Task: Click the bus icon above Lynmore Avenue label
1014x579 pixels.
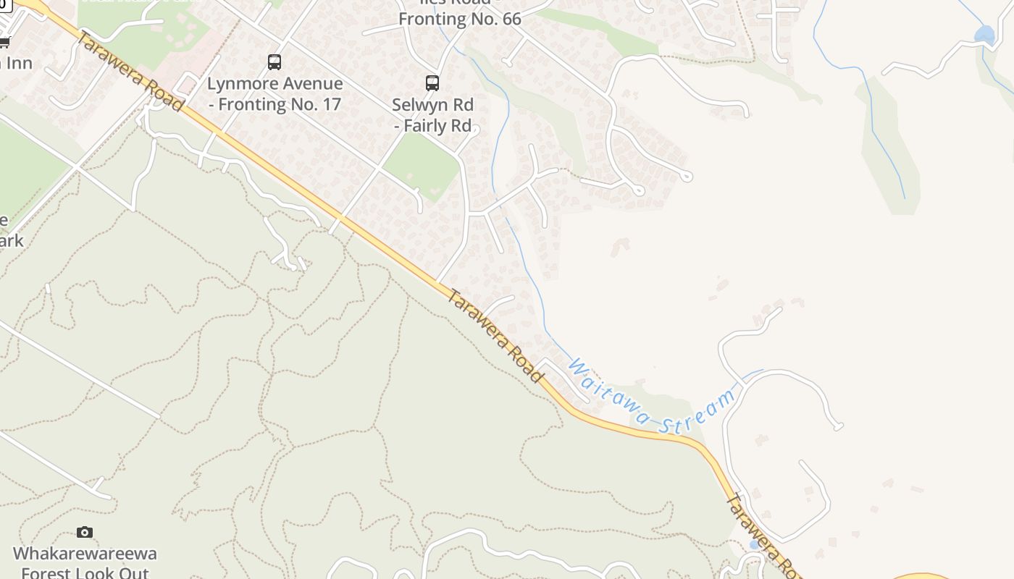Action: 274,62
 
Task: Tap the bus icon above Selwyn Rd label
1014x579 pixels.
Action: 432,83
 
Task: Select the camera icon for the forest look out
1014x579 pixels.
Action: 85,533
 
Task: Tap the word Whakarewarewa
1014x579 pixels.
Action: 85,554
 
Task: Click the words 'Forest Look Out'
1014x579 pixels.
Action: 85,573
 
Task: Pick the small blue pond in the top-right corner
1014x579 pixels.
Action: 984,34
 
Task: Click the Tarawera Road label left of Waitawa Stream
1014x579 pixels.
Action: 495,335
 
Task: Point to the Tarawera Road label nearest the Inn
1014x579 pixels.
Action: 129,71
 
